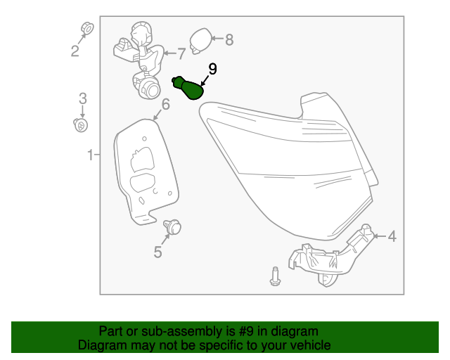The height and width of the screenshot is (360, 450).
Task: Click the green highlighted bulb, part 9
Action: point(189,88)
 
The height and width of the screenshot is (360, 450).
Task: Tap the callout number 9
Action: point(212,69)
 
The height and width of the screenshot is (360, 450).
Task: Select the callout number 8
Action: point(229,39)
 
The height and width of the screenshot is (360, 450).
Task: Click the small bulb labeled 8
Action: point(200,41)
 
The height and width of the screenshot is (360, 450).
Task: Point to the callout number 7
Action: point(181,53)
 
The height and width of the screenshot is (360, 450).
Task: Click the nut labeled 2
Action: point(86,28)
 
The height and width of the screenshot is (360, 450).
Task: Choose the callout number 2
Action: point(75,51)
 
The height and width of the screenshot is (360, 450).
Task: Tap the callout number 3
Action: point(83,98)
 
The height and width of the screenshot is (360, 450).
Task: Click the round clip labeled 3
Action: point(81,125)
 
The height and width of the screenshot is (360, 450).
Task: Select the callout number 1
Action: point(91,155)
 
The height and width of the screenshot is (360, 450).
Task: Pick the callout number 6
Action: point(166,104)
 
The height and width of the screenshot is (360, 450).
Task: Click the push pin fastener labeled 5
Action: point(172,227)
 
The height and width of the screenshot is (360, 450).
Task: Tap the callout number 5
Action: point(157,252)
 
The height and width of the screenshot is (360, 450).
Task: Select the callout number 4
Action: point(392,236)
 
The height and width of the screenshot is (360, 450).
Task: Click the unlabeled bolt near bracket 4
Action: point(275,276)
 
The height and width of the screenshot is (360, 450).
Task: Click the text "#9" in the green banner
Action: point(246,331)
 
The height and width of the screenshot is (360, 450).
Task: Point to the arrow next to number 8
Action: point(217,38)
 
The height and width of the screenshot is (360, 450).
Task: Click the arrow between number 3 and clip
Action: point(83,111)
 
